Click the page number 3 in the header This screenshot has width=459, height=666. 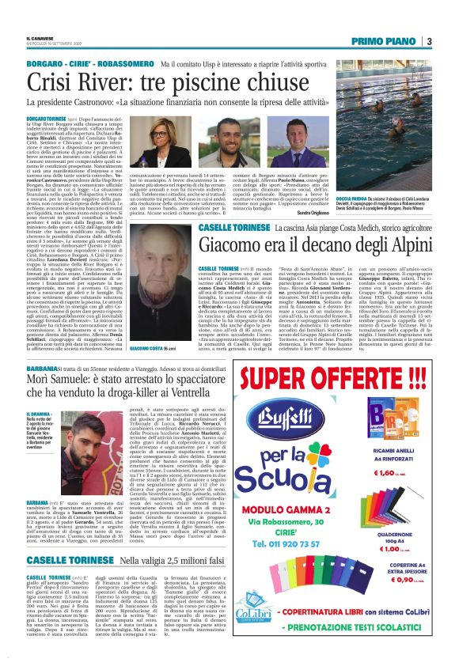tap(428, 41)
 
